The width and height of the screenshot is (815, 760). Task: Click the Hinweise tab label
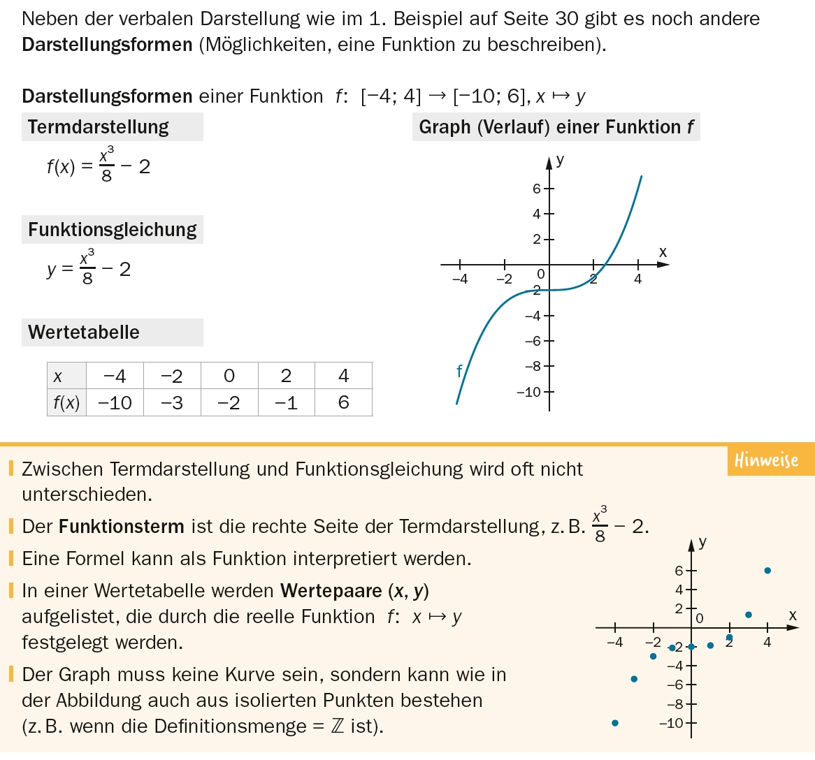(x=766, y=460)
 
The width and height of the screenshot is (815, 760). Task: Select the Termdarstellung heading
(x=99, y=127)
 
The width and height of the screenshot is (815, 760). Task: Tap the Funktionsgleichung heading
(x=113, y=230)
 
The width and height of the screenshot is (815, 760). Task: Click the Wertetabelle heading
(x=84, y=332)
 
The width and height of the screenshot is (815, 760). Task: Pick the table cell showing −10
(x=115, y=403)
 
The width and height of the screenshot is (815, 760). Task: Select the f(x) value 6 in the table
(x=343, y=403)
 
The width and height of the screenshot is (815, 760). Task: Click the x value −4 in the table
(x=115, y=377)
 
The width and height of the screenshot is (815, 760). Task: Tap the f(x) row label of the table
(x=66, y=403)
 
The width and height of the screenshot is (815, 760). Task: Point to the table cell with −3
(x=172, y=403)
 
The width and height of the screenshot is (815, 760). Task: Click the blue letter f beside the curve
(x=459, y=371)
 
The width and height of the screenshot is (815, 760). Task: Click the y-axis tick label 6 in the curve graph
(x=536, y=189)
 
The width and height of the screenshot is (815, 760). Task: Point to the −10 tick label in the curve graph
(x=529, y=392)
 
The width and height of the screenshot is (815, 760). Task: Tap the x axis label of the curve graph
(x=663, y=252)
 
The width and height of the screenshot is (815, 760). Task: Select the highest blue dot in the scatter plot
(x=767, y=571)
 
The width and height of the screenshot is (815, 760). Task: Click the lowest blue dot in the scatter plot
(x=615, y=723)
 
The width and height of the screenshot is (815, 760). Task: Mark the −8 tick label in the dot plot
(x=674, y=704)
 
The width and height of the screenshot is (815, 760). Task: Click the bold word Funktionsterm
(x=122, y=527)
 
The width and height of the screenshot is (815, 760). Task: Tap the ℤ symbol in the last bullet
(x=338, y=726)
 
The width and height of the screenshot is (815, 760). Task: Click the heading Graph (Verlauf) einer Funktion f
(x=556, y=127)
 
